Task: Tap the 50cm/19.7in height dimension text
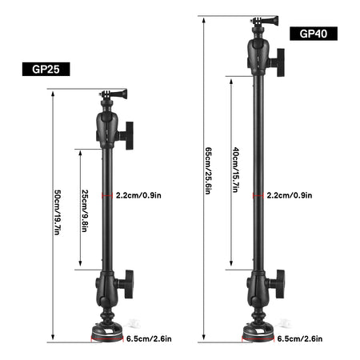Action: point(57,211)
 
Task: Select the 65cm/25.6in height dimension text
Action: point(208,172)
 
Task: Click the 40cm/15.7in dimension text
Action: point(234,171)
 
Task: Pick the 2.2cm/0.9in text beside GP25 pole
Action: point(139,194)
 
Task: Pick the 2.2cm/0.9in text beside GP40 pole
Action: point(290,194)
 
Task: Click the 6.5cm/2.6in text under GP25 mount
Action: point(149,338)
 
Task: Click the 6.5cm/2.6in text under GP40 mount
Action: point(300,338)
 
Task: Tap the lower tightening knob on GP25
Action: point(127,282)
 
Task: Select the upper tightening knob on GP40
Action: point(278,58)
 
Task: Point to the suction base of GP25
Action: point(106,330)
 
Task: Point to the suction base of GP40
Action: point(257,330)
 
